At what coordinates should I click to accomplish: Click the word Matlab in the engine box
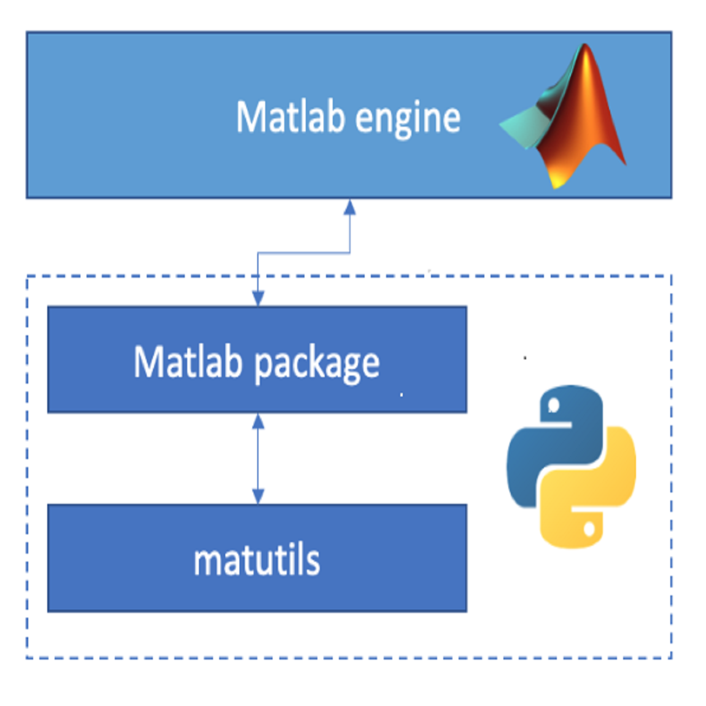click(x=290, y=117)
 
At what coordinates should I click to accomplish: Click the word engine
click(x=408, y=120)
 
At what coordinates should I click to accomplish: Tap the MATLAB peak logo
click(x=564, y=115)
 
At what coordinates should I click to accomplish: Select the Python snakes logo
click(x=572, y=467)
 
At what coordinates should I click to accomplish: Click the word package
click(x=317, y=365)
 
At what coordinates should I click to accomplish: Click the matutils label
click(x=257, y=560)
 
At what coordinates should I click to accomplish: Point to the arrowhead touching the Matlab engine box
click(x=350, y=207)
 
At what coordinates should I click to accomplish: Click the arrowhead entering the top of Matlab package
click(x=258, y=298)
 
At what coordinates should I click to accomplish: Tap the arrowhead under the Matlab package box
click(x=258, y=421)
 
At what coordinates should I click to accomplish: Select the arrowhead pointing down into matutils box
click(x=258, y=496)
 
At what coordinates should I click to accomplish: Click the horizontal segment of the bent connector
click(x=304, y=253)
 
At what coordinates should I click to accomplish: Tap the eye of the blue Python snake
click(x=553, y=405)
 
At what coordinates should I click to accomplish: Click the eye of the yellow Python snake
click(x=589, y=529)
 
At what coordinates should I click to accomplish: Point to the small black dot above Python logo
click(x=525, y=358)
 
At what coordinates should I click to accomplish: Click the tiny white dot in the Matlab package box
click(x=401, y=395)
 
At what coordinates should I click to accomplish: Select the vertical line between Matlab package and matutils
click(x=258, y=459)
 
